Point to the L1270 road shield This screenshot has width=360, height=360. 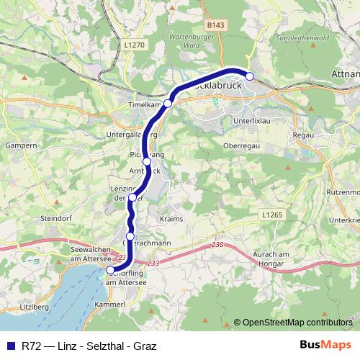[134, 45]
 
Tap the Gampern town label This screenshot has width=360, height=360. [20, 145]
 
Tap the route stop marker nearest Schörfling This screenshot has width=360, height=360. [110, 271]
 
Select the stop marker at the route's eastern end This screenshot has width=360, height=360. [250, 76]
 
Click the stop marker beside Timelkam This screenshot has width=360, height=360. [168, 104]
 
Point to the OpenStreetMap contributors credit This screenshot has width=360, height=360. [292, 322]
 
